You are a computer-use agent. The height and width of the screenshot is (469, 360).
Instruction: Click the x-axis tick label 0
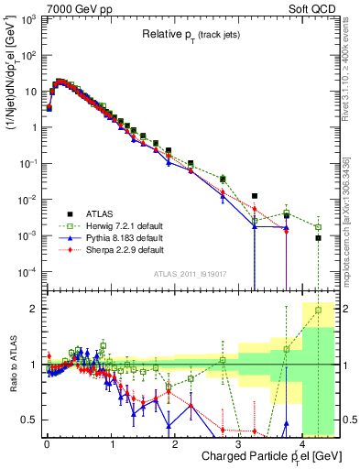(x=47, y=442)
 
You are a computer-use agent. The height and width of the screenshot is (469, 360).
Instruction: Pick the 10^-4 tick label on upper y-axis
(x=27, y=272)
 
